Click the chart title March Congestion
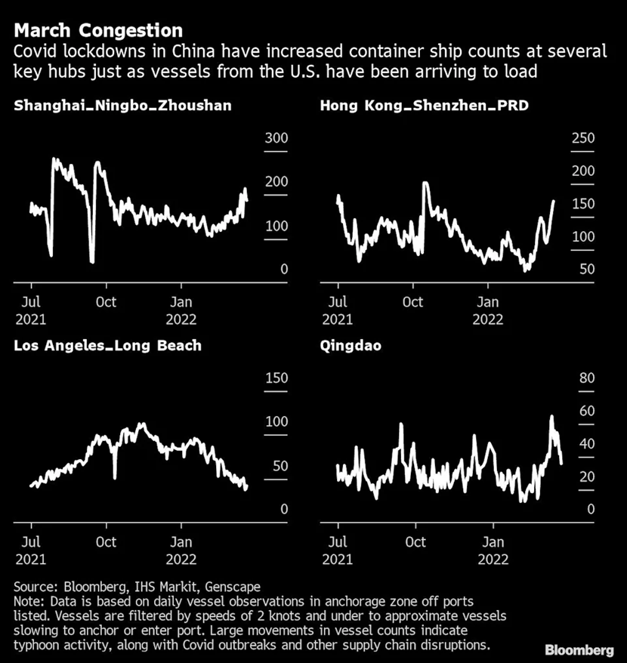(x=98, y=31)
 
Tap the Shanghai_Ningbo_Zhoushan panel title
(x=122, y=105)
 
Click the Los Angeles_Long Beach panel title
(x=107, y=345)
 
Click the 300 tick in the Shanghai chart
(x=274, y=138)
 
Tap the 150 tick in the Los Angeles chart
(x=276, y=378)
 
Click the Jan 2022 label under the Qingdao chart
(x=493, y=550)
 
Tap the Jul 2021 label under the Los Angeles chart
(x=30, y=550)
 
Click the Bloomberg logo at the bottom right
(x=580, y=649)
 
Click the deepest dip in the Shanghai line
(x=92, y=261)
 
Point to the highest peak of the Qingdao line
(x=551, y=416)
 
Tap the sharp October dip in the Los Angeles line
(x=115, y=477)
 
